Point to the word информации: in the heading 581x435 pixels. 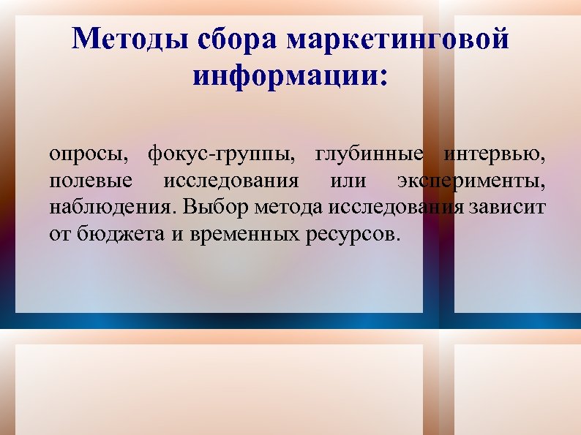pos(290,75)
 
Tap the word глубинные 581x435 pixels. pos(369,154)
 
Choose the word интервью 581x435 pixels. pos(495,154)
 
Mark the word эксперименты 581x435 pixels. pos(471,181)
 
